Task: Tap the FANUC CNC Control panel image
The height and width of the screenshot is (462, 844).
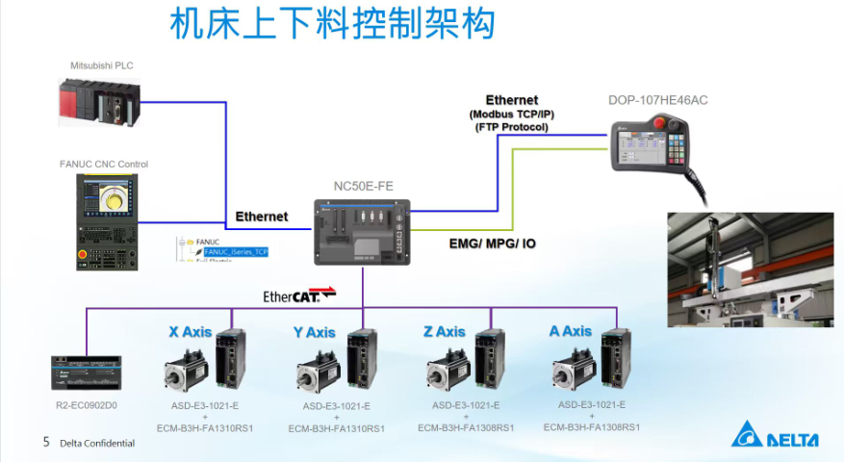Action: tap(107, 220)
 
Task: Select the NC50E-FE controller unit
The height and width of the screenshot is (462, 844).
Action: tap(362, 230)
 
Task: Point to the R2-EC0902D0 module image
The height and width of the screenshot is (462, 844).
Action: tap(88, 374)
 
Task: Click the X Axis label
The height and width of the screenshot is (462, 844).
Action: tap(190, 332)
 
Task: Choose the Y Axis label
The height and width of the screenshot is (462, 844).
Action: tap(314, 333)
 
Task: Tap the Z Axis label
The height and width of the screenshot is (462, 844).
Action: tap(444, 332)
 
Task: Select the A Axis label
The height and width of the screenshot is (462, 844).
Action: tap(570, 331)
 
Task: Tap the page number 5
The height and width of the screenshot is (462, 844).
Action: tap(45, 443)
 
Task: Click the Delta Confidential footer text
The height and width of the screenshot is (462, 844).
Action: tap(97, 444)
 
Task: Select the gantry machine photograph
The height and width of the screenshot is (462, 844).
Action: tap(750, 269)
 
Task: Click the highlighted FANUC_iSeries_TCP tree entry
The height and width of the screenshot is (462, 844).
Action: tap(235, 251)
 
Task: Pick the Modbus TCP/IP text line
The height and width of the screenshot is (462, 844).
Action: tap(511, 114)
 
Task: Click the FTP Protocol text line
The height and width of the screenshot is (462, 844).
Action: tap(511, 126)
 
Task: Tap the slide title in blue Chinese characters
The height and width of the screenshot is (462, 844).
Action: tap(331, 24)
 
